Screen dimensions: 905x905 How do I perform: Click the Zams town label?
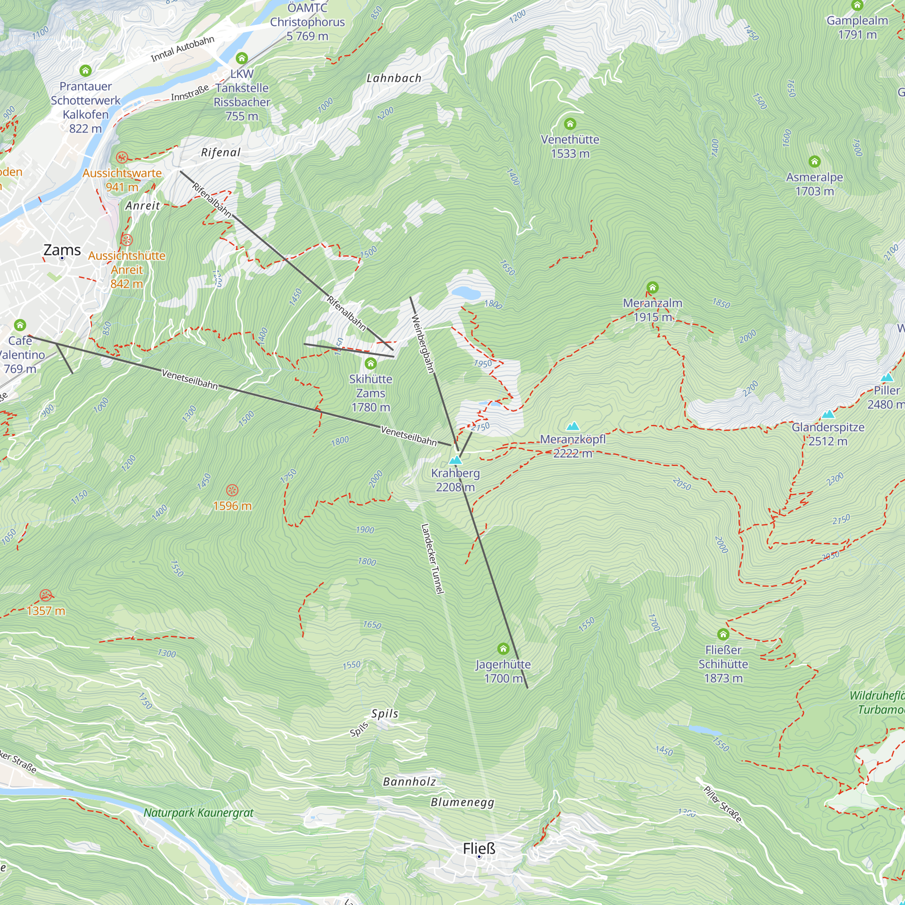point(62,250)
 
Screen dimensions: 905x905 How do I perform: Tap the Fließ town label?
point(479,848)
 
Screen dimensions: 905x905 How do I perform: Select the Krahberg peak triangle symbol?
point(455,460)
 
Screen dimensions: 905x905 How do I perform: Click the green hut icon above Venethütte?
point(570,124)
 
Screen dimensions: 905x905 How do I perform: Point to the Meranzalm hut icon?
point(653,287)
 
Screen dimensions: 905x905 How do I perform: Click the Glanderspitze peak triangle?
point(828,414)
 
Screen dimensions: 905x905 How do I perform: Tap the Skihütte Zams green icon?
point(371,363)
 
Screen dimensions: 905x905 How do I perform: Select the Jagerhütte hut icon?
point(503,649)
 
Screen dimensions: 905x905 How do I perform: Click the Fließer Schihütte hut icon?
point(723,634)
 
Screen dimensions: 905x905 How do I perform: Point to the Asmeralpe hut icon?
point(814,162)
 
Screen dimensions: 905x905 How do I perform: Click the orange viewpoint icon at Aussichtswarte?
point(122,157)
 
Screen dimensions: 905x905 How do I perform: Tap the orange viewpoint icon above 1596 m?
point(232,491)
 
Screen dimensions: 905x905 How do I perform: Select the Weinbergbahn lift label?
point(423,344)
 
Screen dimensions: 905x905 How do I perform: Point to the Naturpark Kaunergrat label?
point(198,813)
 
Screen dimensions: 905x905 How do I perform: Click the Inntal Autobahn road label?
point(182,49)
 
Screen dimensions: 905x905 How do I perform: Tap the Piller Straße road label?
point(723,804)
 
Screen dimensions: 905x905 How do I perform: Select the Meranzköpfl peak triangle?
point(573,426)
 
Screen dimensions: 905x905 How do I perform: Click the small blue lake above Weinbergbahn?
point(466,294)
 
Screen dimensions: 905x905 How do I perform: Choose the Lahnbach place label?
point(394,78)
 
